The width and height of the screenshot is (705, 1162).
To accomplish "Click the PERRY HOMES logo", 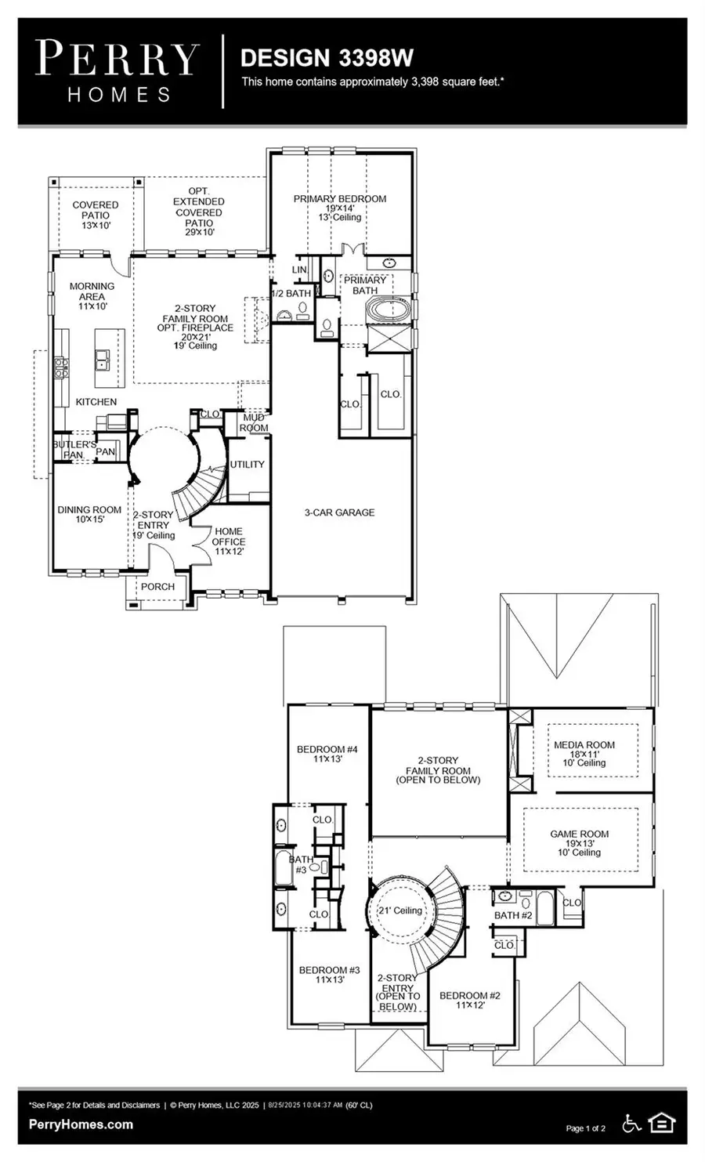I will pos(117,71).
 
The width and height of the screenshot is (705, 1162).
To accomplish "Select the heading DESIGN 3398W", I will pos(327,58).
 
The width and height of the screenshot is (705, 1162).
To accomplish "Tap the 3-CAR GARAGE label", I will pos(339,512).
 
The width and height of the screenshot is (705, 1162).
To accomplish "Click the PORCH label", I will pos(157,586).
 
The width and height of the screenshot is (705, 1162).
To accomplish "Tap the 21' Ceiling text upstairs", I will pos(399,910).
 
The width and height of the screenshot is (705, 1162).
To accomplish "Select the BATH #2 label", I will pos(513,915).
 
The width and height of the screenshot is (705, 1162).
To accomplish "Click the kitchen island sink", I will pos(103,360).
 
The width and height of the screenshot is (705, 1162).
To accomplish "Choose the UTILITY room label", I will pos(247,465).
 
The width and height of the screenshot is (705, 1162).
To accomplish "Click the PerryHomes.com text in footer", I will pos(81,1124).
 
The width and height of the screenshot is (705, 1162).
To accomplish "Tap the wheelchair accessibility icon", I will pos(631,1124).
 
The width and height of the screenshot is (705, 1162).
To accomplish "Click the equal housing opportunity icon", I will pos(662,1124).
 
